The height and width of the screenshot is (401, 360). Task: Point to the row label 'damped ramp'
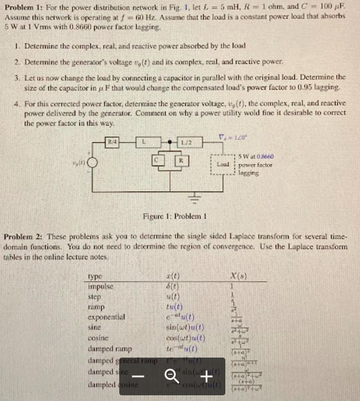coord(111,348)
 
